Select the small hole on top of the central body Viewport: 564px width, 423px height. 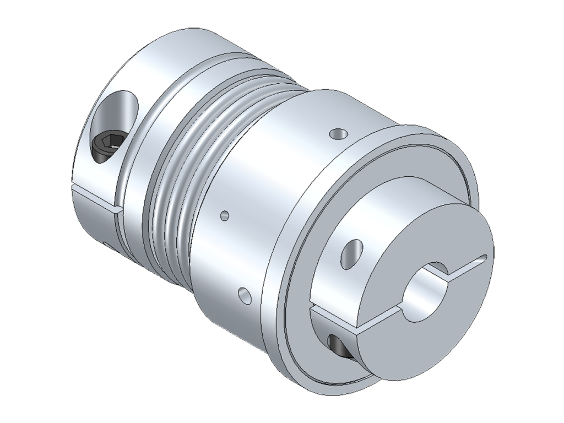[x=338, y=133]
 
